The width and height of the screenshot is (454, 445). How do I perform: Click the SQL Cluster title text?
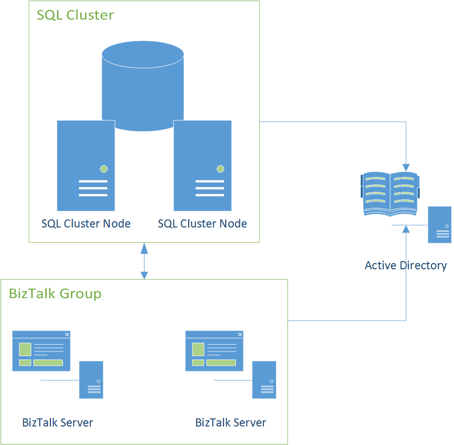(76, 15)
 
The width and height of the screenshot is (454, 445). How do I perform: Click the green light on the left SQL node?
(104, 169)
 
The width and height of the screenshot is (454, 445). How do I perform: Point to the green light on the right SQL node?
(220, 169)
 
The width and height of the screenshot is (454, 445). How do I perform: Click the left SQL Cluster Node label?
(86, 224)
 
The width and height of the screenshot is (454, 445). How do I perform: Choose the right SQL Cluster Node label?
(203, 224)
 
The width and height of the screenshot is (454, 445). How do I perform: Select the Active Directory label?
(406, 265)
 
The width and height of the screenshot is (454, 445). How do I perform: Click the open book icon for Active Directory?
(390, 194)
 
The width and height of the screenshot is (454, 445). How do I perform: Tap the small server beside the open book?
(440, 225)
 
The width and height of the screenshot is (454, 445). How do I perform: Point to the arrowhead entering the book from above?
(406, 167)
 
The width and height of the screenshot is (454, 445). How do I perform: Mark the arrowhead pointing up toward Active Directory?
(406, 229)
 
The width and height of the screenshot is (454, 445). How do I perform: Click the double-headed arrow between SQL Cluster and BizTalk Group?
(144, 261)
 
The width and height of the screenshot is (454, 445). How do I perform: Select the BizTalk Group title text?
(55, 294)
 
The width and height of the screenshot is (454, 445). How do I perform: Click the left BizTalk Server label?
(58, 422)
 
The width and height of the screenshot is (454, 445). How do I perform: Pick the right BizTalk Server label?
(231, 422)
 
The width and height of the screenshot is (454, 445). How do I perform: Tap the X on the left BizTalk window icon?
(67, 334)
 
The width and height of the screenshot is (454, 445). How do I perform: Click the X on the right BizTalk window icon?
(240, 334)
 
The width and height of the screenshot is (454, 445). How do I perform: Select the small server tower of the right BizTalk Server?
(264, 380)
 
